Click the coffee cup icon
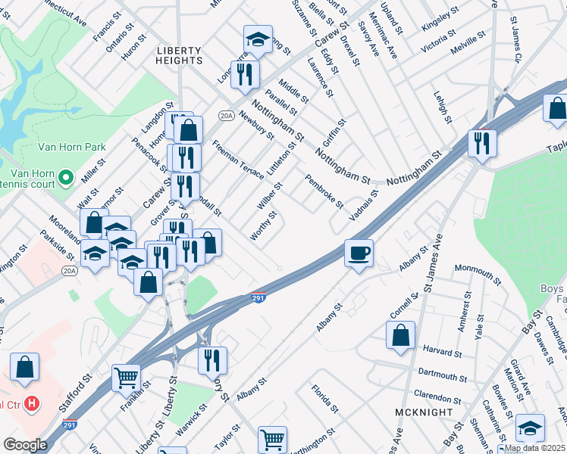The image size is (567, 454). [359, 252]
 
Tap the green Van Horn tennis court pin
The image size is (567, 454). [66, 178]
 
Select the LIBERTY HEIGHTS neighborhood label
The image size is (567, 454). [180, 54]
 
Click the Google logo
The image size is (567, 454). [25, 444]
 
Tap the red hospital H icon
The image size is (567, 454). [31, 403]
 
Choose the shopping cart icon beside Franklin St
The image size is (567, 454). [126, 378]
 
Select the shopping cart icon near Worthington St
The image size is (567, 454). [272, 438]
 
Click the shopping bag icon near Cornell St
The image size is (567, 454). [400, 335]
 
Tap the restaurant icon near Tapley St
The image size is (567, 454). [482, 141]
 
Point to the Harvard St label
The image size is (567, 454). [443, 353]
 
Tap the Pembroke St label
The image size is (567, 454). [324, 193]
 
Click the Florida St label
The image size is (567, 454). [325, 399]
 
